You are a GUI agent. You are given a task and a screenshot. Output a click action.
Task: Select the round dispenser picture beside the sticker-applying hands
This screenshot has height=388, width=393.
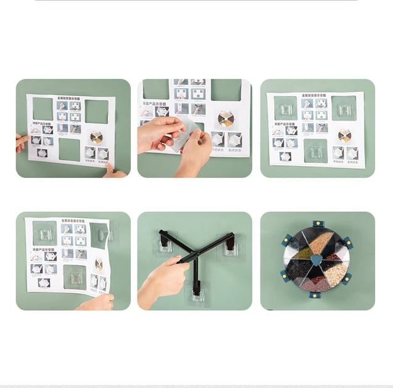tap(226, 119)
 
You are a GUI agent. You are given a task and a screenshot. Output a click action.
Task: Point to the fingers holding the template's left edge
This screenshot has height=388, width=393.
tap(22, 142)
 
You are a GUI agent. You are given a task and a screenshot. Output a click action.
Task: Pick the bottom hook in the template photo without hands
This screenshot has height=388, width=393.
tap(315, 150)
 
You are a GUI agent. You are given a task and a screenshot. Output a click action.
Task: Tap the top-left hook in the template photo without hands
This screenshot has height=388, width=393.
tap(286, 109)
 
